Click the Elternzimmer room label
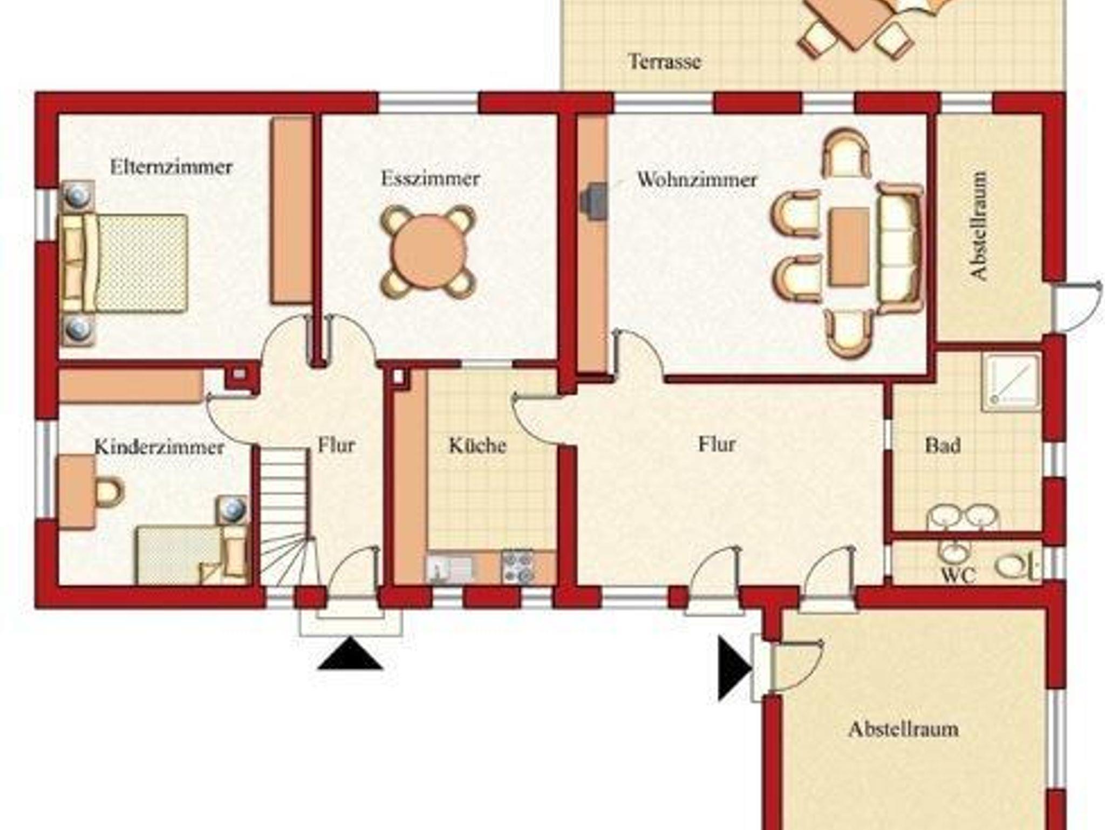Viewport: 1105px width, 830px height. [x=171, y=167]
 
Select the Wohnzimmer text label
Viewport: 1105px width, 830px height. [x=697, y=179]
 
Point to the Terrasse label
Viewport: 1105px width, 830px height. [x=665, y=61]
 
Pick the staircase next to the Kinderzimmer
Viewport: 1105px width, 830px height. [x=285, y=516]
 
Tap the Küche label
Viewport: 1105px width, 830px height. [x=478, y=446]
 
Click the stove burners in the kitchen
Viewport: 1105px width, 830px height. [x=517, y=567]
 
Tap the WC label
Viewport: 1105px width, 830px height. [x=958, y=575]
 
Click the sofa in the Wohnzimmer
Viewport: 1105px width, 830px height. [x=899, y=248]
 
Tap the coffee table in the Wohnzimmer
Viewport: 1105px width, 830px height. [x=850, y=247]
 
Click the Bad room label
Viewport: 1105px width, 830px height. [x=943, y=446]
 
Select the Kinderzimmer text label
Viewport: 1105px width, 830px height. [x=159, y=447]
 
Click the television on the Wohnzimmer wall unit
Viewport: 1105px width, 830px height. [x=593, y=202]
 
